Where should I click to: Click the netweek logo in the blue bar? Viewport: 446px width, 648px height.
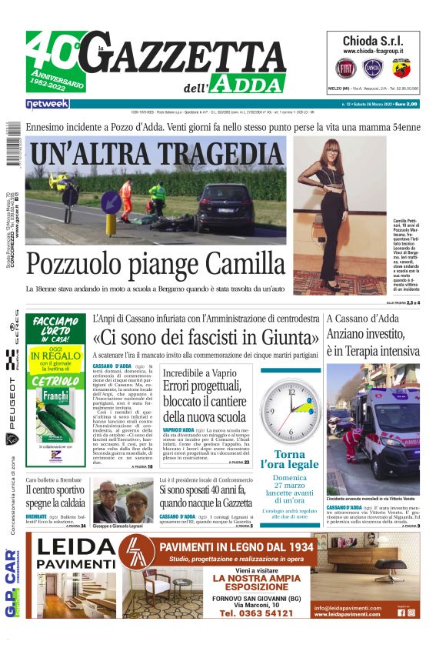(48, 103)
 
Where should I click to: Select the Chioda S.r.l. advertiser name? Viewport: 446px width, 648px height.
(371, 41)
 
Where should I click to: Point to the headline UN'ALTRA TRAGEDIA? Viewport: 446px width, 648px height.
(156, 151)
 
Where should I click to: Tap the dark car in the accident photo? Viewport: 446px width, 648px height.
(225, 208)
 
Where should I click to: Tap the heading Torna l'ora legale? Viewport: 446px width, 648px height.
(288, 459)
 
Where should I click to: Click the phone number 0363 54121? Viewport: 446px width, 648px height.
(257, 613)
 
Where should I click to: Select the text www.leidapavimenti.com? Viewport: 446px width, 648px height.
(348, 614)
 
